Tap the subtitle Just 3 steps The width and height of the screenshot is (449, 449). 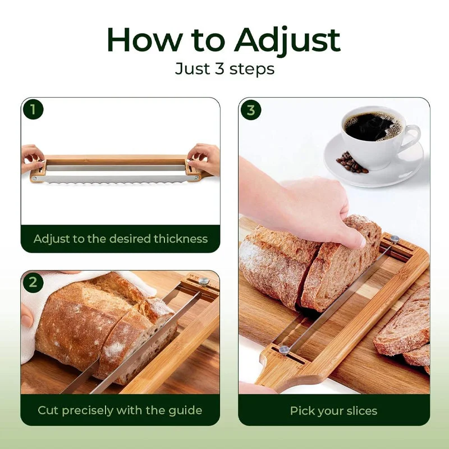225,69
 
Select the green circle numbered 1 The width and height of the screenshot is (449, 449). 33,109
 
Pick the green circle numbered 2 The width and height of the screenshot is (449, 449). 33,282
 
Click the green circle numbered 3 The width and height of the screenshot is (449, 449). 251,110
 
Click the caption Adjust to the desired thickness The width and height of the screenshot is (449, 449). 121,239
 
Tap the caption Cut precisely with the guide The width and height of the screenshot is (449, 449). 120,410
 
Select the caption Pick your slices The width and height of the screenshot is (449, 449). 333,411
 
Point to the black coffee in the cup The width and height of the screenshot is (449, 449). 372,126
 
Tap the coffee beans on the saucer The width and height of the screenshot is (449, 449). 351,163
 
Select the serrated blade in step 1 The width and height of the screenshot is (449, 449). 114,180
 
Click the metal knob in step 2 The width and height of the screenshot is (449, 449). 204,282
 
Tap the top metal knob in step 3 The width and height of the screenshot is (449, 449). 395,238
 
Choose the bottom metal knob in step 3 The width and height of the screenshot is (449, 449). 284,349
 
